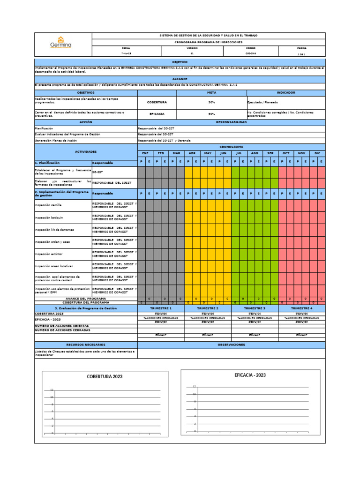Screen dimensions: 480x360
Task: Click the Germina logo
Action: [x=61, y=43]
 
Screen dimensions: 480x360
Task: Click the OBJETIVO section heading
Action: [x=180, y=62]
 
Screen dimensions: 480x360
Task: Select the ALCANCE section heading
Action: [x=180, y=79]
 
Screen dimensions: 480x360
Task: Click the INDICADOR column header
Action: [x=286, y=92]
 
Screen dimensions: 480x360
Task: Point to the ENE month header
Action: [x=145, y=153]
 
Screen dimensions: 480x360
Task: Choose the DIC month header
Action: [x=317, y=153]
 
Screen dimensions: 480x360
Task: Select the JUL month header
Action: [x=239, y=153]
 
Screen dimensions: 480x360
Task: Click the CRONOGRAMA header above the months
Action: [x=231, y=147]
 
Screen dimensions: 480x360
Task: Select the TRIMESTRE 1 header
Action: [x=161, y=308]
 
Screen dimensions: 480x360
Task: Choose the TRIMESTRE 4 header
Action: [x=301, y=308]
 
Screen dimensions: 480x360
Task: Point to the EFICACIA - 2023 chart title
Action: [x=250, y=375]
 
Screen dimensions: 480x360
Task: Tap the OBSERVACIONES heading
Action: [x=231, y=345]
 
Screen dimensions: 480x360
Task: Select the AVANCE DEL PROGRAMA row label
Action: [x=86, y=298]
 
